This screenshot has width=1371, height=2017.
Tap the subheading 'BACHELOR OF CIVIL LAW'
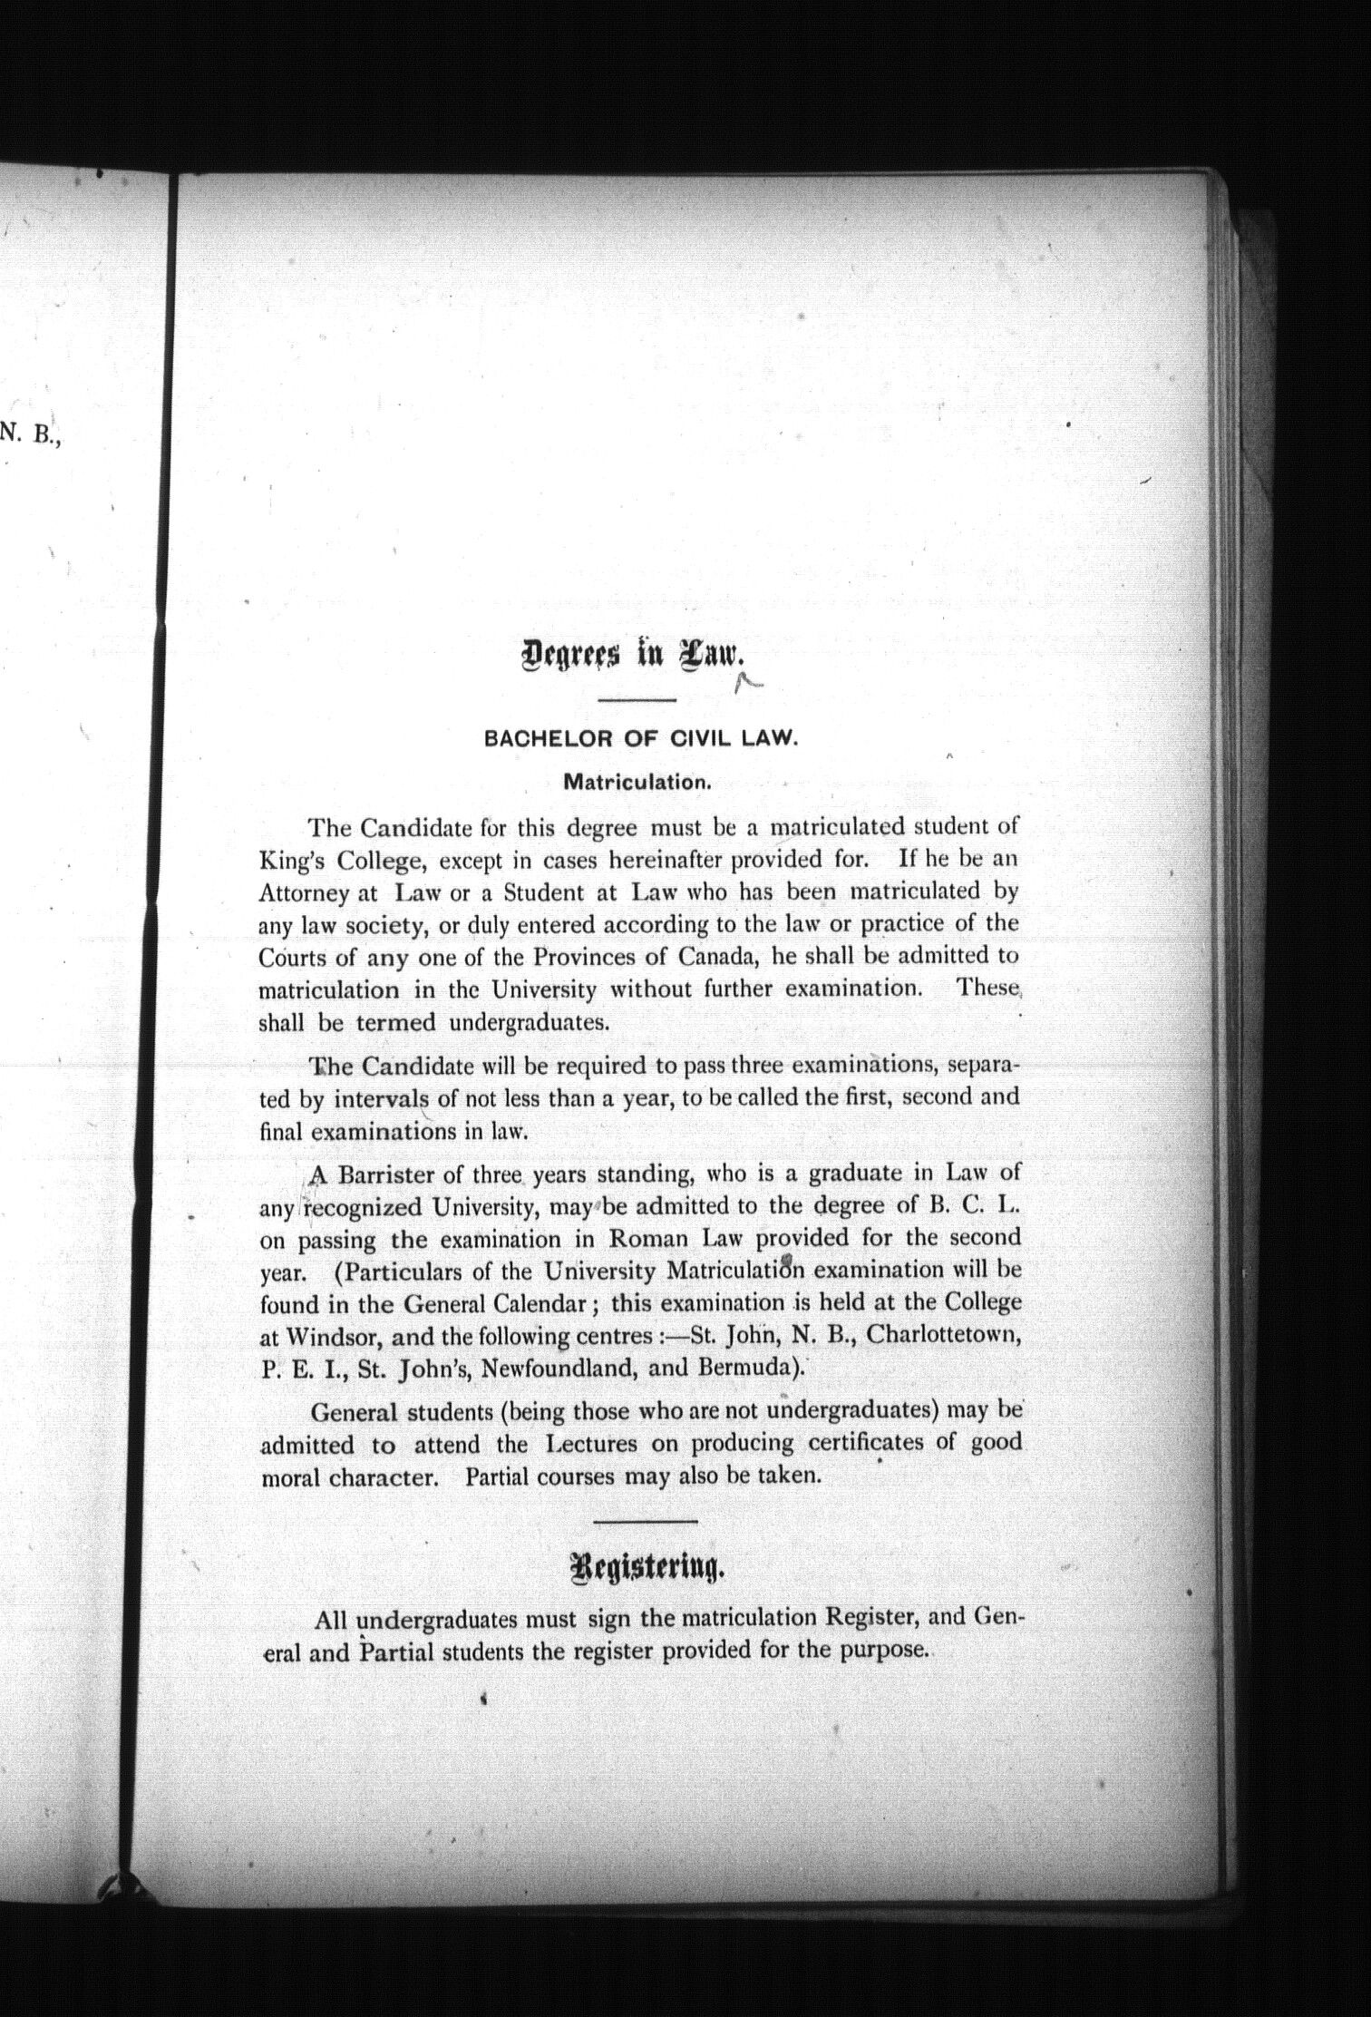point(640,738)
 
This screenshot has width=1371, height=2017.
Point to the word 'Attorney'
point(305,893)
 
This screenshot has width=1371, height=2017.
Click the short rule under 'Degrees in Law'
point(637,700)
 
